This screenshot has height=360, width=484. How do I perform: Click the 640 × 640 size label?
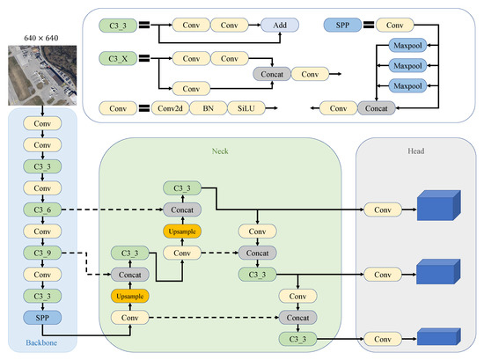tap(41, 38)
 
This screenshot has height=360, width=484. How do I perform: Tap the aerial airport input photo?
tap(42, 76)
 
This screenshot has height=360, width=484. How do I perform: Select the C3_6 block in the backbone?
tap(42, 209)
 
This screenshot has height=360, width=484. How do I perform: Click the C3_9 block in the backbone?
tap(42, 253)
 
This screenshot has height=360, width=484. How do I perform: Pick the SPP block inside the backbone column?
tap(42, 318)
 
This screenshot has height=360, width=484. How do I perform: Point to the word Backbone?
tap(41, 342)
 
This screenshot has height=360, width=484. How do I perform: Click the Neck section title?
tap(220, 151)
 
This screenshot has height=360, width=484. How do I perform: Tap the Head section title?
tap(415, 151)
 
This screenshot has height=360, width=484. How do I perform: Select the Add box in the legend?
tap(280, 25)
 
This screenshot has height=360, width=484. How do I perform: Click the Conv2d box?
tap(170, 108)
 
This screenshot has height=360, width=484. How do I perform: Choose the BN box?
tap(208, 108)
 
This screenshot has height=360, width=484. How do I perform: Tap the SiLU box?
tap(246, 108)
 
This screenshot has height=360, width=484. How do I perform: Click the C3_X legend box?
tap(118, 58)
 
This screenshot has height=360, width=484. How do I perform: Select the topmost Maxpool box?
tap(407, 46)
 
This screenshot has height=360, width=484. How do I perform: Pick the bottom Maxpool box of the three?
tap(407, 86)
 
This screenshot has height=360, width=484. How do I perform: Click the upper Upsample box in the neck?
tap(182, 231)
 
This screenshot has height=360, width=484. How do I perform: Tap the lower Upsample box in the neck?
tap(130, 296)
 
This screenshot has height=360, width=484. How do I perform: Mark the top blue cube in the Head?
tap(438, 205)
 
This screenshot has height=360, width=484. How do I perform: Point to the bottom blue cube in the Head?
tap(438, 336)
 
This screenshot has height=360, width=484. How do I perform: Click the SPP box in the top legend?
tap(342, 25)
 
